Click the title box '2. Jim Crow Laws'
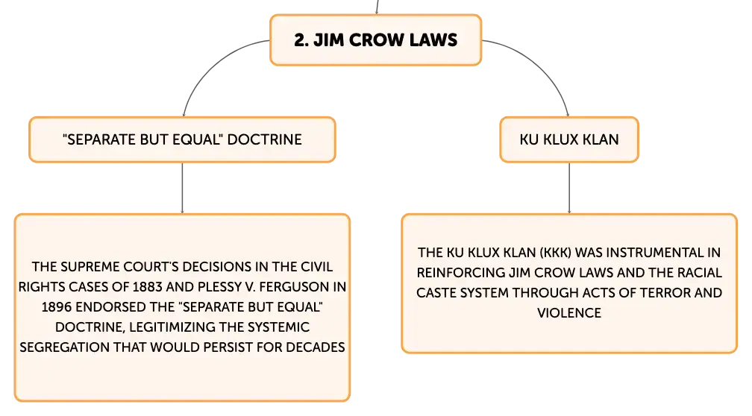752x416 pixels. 376,40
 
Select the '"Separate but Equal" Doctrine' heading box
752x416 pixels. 183,139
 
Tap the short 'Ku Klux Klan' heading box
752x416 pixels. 569,139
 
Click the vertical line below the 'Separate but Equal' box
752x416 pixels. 181,188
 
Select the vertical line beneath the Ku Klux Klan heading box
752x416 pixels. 570,188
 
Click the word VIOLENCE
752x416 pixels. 569,312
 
